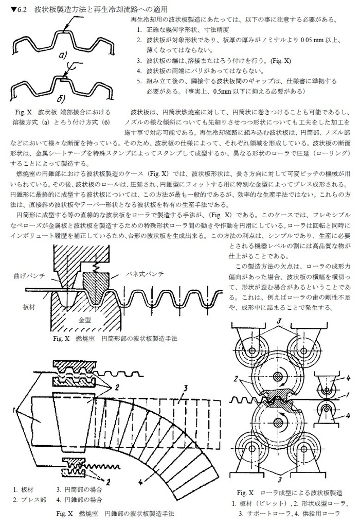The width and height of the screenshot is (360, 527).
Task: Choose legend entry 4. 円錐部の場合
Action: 80,499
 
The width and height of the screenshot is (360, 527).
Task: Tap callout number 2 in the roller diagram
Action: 236,378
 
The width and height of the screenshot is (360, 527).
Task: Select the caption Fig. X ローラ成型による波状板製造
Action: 288,492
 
